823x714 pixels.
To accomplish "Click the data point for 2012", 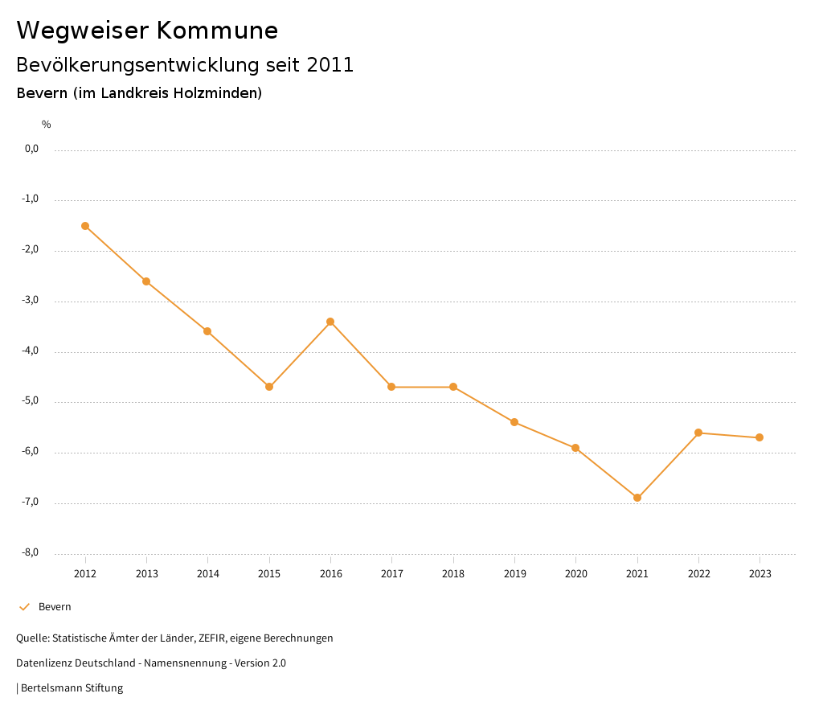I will pos(85,226).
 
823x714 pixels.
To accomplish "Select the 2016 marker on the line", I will pos(330,322).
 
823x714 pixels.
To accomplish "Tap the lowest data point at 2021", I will pos(637,498).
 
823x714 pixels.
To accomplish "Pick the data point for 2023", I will pos(760,437).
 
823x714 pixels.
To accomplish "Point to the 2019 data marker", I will pos(514,422).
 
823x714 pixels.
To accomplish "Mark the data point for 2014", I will pos(207,331).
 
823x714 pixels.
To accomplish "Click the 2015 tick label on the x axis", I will pos(269,574).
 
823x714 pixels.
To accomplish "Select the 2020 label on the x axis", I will pos(575,574).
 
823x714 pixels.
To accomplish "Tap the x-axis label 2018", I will pos(453,574).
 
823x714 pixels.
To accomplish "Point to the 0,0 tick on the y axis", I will pos(32,149).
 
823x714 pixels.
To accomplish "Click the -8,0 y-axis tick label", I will pos(31,552).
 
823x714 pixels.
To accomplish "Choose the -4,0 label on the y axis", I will pos(31,351).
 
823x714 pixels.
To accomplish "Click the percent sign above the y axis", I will pos(47,125).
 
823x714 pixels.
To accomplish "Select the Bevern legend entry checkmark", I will pos(24,607).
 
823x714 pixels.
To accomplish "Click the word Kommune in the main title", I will pos(217,31).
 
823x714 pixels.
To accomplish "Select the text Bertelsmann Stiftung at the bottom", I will pos(72,688).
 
